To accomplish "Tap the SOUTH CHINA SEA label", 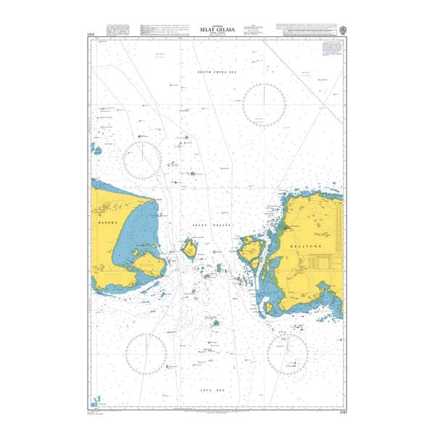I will coord(217,73).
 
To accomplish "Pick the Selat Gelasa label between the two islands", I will coord(210,227).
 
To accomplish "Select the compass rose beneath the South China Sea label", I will coord(264,104).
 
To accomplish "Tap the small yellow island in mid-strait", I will coord(191,251).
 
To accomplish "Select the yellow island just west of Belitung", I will coord(251,250).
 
